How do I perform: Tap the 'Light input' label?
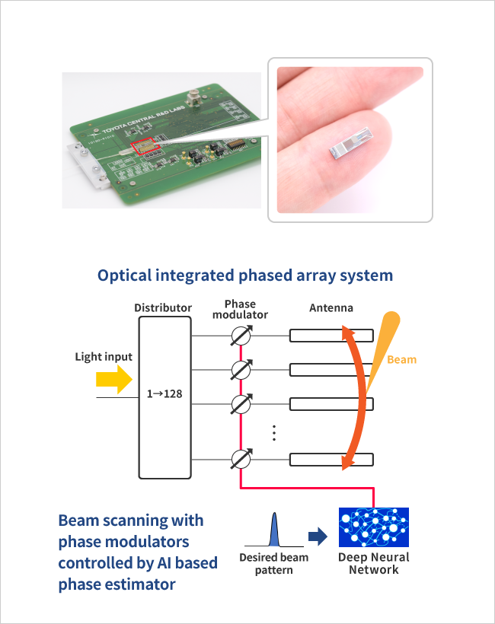[x=104, y=357]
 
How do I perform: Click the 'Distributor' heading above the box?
[x=162, y=307]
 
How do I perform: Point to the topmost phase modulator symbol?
[x=241, y=336]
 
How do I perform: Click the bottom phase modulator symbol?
[x=241, y=459]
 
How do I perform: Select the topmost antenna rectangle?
[x=331, y=336]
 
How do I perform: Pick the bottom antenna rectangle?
[x=331, y=459]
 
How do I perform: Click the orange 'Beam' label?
[x=401, y=359]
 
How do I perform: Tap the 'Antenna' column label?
[x=332, y=307]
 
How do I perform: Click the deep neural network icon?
[x=373, y=527]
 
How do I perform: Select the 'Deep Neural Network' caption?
[x=373, y=563]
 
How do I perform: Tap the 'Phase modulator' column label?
[x=240, y=309]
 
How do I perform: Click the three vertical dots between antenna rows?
[x=274, y=433]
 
